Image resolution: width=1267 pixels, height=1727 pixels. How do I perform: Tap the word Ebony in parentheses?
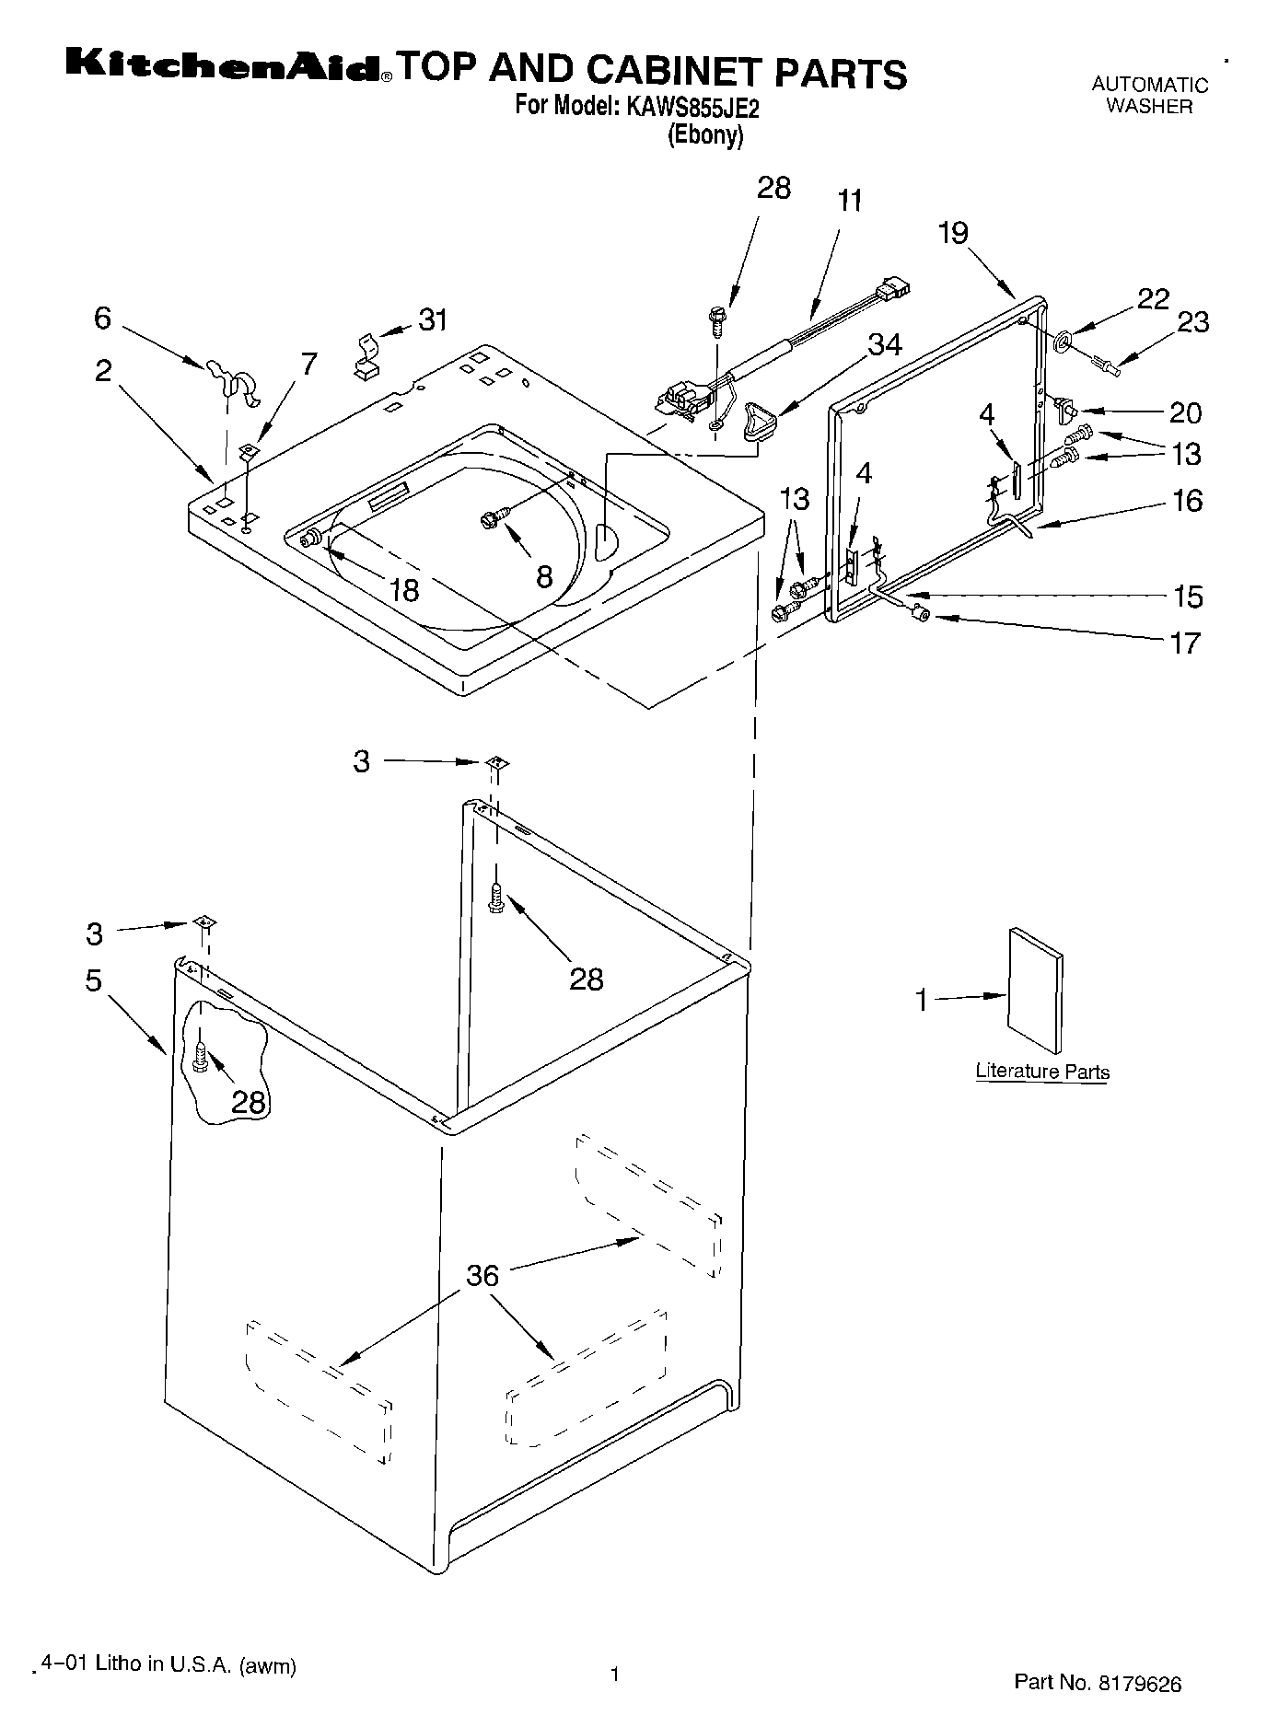[x=704, y=135]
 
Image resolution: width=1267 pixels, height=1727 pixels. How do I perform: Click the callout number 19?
[x=953, y=233]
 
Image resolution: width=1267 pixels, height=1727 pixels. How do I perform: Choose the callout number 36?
[x=482, y=1275]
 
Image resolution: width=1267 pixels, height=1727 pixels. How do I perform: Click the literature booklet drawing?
[x=1036, y=990]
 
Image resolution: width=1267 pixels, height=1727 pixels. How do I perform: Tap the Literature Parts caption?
[x=1042, y=1072]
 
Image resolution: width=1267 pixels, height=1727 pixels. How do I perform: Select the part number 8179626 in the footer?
[x=1138, y=1683]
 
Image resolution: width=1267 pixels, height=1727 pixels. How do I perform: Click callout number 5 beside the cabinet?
[x=93, y=980]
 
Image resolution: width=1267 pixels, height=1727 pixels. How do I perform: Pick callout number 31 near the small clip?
[x=433, y=320]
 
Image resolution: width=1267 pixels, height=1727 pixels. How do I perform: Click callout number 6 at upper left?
[x=102, y=318]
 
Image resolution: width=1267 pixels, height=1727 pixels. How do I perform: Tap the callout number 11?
[x=850, y=200]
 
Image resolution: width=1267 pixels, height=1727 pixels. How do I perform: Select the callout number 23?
[x=1192, y=321]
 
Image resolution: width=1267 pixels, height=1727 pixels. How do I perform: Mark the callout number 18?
[x=404, y=589]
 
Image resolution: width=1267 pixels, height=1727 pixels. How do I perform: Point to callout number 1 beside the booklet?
[x=922, y=1000]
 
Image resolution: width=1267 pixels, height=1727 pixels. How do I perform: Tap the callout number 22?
[x=1153, y=298]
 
